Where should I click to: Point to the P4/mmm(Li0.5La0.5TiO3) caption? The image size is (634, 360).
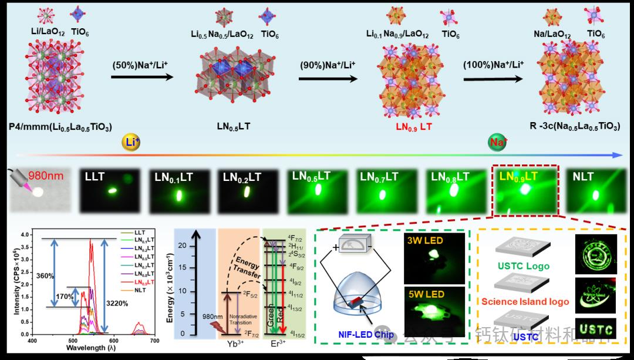pyautogui.click(x=60, y=127)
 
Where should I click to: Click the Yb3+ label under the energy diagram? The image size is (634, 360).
pyautogui.click(x=236, y=344)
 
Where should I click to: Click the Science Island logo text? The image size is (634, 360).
pyautogui.click(x=525, y=302)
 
